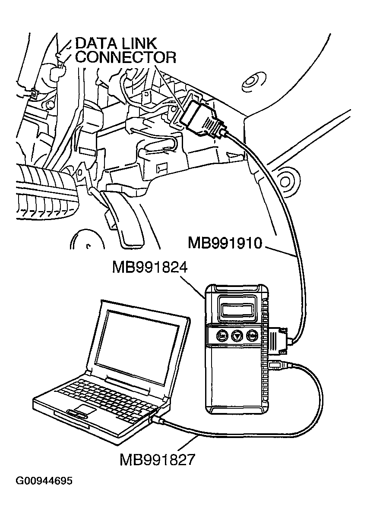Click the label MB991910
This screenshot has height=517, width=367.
225,243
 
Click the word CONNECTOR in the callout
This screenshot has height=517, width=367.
126,57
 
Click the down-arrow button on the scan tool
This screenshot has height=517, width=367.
237,335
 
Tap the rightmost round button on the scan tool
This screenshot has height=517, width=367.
252,335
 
